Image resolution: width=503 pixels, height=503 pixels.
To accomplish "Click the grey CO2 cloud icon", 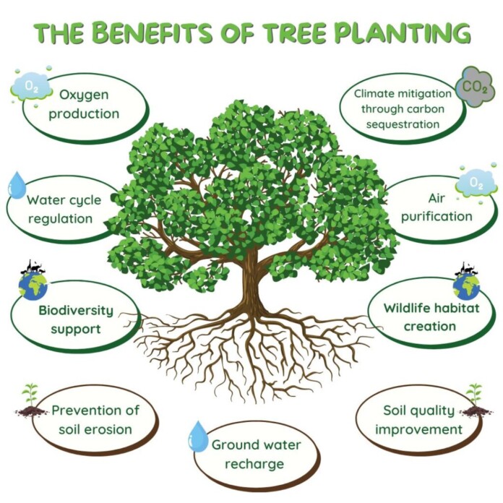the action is pyautogui.click(x=473, y=87).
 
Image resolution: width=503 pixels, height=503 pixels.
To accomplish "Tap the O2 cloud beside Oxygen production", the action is pyautogui.click(x=32, y=87).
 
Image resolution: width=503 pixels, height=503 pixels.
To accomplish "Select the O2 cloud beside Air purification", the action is pyautogui.click(x=476, y=184).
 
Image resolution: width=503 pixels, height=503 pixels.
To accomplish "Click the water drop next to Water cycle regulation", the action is pyautogui.click(x=17, y=185).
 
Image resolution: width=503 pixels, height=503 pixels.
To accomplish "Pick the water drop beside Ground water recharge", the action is pyautogui.click(x=198, y=437).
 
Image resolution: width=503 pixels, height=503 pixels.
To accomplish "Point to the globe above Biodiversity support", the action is pyautogui.click(x=33, y=285).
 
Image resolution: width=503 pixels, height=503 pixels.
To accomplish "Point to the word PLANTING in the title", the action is pyautogui.click(x=403, y=33).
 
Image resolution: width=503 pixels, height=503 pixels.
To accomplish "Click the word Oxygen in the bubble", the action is pyautogui.click(x=84, y=95).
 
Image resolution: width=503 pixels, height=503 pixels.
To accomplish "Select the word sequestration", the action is pyautogui.click(x=403, y=124).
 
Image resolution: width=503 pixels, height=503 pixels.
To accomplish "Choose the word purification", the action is pyautogui.click(x=437, y=218).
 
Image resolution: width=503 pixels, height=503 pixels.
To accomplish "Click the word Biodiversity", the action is pyautogui.click(x=76, y=311).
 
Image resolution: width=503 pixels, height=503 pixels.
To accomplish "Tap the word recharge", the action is pyautogui.click(x=254, y=465).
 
